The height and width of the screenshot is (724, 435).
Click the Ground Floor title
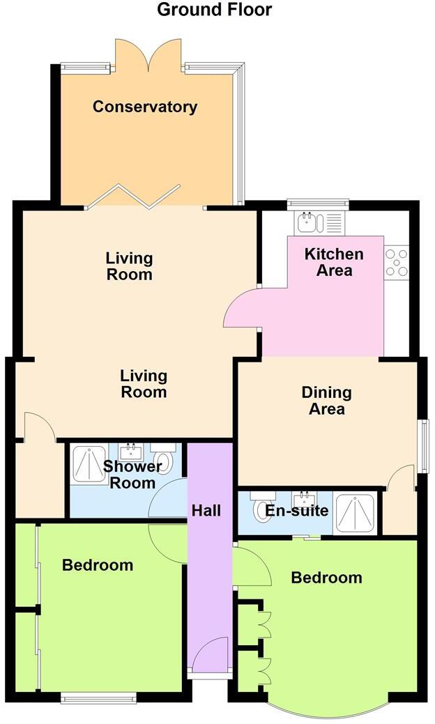[x=214, y=10]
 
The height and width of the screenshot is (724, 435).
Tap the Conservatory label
[x=145, y=107]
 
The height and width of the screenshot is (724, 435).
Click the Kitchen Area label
[x=334, y=263]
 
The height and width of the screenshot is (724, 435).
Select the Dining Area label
[x=326, y=401]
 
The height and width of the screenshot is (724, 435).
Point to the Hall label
[x=206, y=510]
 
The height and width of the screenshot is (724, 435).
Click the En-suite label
[x=296, y=511]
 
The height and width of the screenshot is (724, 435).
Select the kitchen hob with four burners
[x=396, y=263]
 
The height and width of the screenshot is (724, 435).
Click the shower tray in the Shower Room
[x=89, y=464]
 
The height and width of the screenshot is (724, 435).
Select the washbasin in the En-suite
[x=303, y=499]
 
